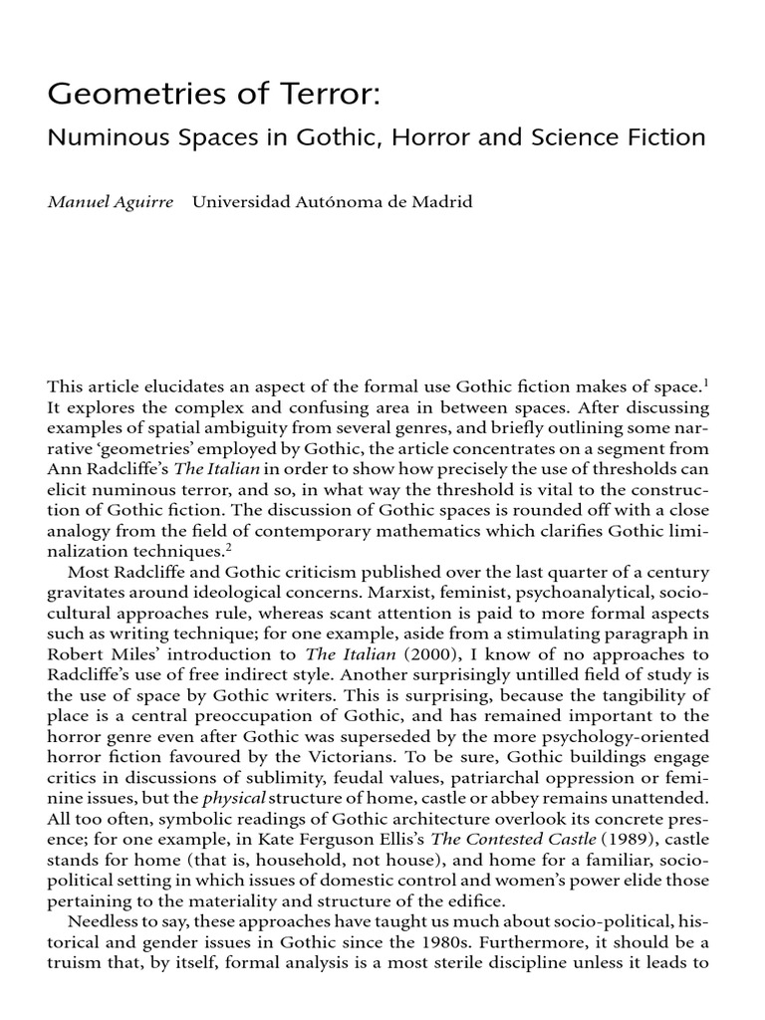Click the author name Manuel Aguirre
pyautogui.click(x=111, y=202)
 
